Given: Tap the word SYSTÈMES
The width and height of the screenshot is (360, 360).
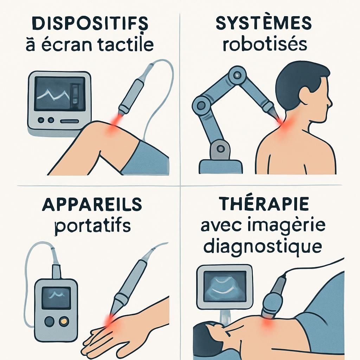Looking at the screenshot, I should (263, 24).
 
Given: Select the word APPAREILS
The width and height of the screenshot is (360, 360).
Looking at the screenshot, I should (92, 205).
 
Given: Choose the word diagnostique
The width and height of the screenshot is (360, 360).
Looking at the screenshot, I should (263, 246).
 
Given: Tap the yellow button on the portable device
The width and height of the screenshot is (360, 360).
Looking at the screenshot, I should (64, 321).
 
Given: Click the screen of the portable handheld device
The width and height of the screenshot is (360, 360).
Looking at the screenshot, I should (56, 297).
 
